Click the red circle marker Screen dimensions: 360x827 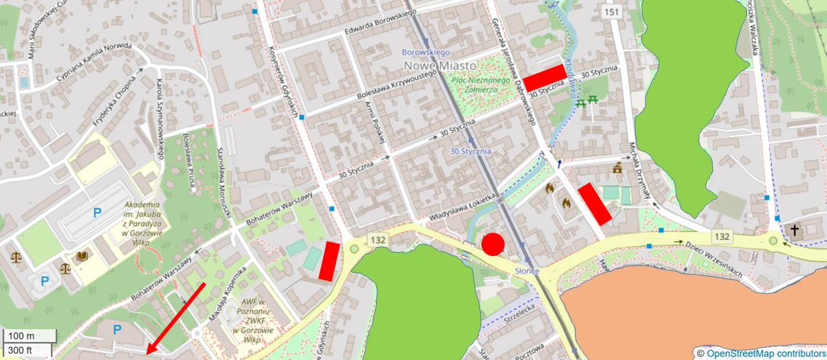[x=493, y=244]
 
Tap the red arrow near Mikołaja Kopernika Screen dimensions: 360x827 [x=176, y=319]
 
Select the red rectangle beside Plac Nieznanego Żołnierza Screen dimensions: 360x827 [x=545, y=78]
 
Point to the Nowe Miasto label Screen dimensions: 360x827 [x=439, y=65]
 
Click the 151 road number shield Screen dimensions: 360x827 [x=611, y=12]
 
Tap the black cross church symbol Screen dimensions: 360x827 [x=794, y=230]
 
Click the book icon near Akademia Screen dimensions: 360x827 [x=82, y=257]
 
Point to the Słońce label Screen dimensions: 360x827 [x=527, y=271]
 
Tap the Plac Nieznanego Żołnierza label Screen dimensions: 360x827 [x=475, y=85]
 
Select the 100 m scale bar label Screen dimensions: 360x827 [x=21, y=336]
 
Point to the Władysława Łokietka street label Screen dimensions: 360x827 [x=463, y=207]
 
